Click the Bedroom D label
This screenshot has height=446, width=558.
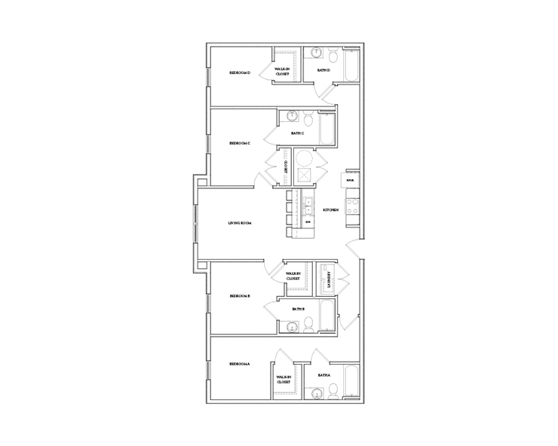[240, 73]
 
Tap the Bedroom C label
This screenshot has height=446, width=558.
[240, 143]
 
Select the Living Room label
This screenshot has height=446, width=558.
[240, 223]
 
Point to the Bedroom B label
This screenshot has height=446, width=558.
[240, 296]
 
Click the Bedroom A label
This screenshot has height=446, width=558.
[240, 365]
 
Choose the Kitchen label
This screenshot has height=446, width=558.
[330, 209]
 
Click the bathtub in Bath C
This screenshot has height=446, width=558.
[327, 128]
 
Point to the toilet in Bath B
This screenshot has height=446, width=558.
[308, 325]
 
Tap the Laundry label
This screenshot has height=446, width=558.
[329, 279]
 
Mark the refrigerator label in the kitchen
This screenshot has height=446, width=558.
[351, 181]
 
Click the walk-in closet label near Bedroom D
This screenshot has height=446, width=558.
[282, 72]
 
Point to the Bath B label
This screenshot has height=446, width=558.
[299, 309]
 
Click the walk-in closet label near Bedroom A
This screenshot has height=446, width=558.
[284, 379]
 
